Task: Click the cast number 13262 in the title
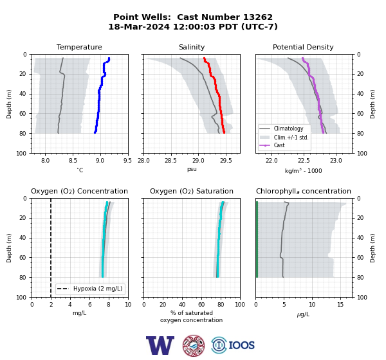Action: [x=258, y=17]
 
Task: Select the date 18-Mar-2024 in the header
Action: [x=139, y=26]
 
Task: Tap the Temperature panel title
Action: [x=79, y=47]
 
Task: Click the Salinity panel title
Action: [x=192, y=47]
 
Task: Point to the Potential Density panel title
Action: [x=303, y=47]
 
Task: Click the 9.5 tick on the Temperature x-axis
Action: [x=127, y=161]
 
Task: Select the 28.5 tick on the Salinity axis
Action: [x=170, y=161]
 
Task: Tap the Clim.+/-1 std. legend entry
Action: [x=284, y=138]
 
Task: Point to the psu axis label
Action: [x=192, y=170]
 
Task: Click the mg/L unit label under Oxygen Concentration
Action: [x=79, y=313]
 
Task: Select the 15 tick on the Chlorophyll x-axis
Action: [x=340, y=305]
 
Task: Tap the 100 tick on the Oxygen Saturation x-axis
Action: [x=240, y=305]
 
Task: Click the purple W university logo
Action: [x=160, y=345]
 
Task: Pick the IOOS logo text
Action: [x=241, y=345]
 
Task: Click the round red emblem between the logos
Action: [x=194, y=345]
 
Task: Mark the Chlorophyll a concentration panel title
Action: [x=303, y=191]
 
